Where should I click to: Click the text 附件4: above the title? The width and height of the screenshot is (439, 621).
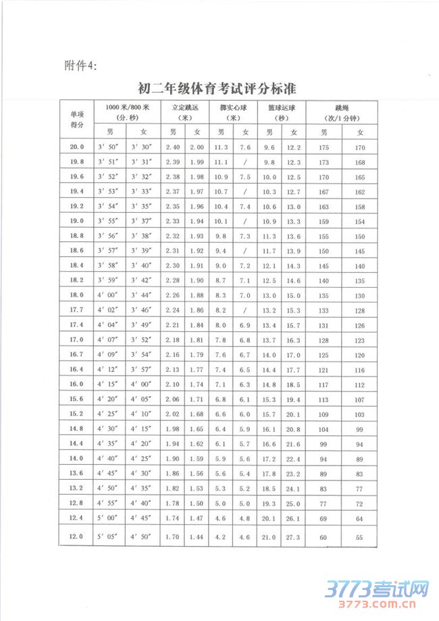pos(80,65)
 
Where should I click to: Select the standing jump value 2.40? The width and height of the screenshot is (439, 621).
pos(173,147)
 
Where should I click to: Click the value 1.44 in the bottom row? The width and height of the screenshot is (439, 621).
pos(197,537)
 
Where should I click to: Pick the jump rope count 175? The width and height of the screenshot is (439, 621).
pos(324,147)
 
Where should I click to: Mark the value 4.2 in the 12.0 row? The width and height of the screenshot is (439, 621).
pos(221,537)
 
